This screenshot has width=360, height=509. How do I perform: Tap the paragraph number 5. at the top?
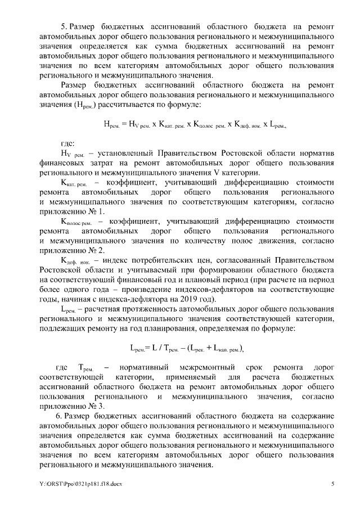[64, 26]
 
